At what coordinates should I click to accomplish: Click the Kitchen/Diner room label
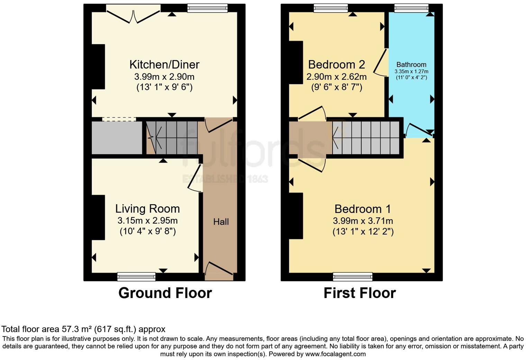(164, 64)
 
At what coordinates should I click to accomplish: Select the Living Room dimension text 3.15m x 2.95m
(147, 220)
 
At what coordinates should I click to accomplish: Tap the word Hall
(221, 222)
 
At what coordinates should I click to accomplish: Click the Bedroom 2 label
(336, 64)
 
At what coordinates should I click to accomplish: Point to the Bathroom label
(411, 64)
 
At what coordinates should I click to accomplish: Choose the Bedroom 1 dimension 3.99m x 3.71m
(363, 221)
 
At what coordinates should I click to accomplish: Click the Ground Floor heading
(165, 293)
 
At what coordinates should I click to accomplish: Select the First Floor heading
(360, 293)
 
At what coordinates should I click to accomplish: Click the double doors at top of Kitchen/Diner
(133, 14)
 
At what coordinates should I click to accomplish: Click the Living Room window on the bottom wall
(136, 276)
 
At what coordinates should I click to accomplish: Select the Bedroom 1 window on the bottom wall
(353, 276)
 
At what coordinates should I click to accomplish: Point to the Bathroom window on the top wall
(411, 8)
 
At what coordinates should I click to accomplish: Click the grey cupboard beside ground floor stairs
(117, 137)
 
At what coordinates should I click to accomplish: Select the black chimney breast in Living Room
(98, 217)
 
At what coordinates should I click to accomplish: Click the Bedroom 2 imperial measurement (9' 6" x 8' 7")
(336, 87)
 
